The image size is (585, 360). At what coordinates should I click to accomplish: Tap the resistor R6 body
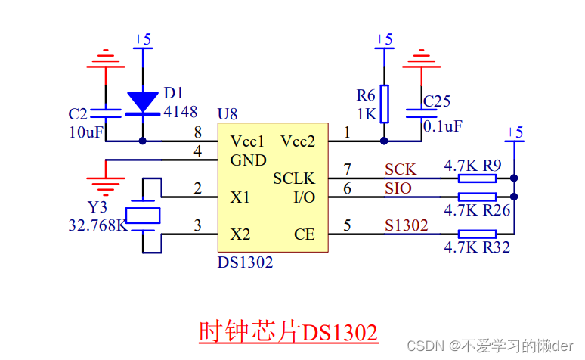[x=384, y=104]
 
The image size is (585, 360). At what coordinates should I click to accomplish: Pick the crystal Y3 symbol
[x=143, y=216]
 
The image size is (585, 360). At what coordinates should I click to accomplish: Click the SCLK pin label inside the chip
[x=293, y=178]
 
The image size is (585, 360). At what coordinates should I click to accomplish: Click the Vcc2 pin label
[x=298, y=141]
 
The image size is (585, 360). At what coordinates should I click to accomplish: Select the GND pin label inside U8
[x=248, y=160]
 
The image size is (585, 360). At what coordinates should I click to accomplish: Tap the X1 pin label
[x=240, y=197]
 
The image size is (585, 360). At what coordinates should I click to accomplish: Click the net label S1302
[x=407, y=225]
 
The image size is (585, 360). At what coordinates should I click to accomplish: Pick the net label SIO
[x=398, y=188]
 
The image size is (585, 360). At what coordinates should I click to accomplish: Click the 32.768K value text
[x=96, y=225]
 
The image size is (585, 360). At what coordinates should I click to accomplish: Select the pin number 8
[x=197, y=132]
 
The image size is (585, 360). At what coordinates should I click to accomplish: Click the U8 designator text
[x=227, y=114]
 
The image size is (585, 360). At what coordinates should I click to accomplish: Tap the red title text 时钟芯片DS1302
[x=287, y=332]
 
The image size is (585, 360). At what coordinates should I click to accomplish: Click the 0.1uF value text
[x=442, y=126]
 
